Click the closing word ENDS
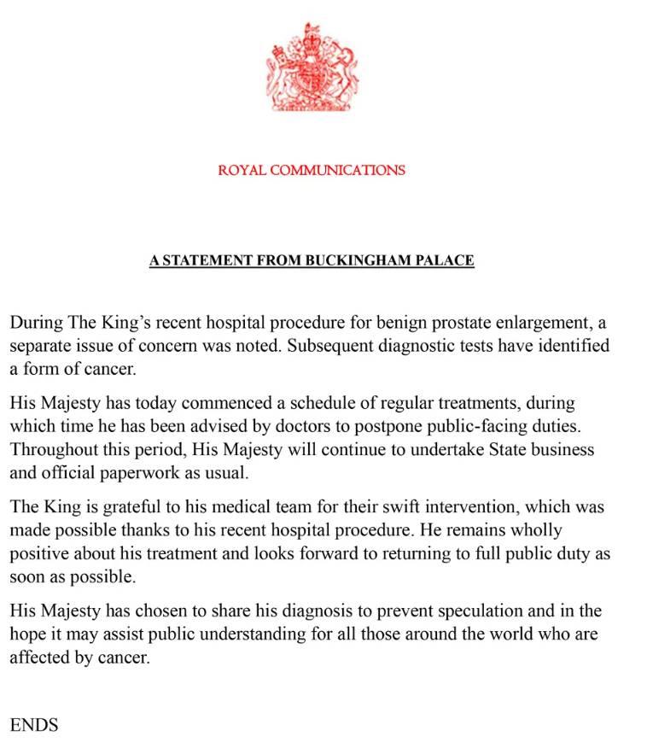tap(34, 725)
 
